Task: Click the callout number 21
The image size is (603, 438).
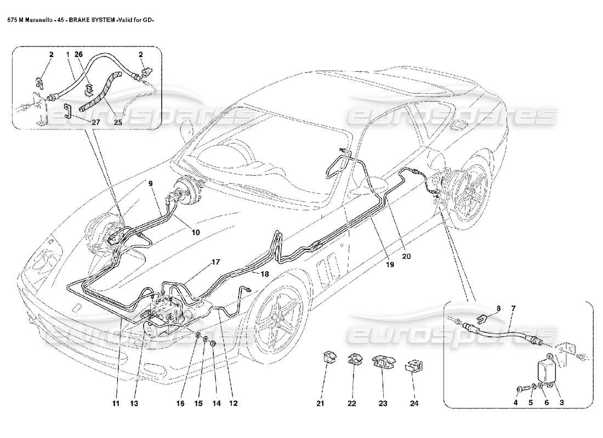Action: (x=320, y=405)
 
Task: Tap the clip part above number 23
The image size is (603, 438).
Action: (x=383, y=362)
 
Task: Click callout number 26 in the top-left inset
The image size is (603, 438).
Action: (x=78, y=55)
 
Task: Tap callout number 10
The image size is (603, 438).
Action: (x=196, y=232)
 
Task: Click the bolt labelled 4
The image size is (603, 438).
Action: (x=519, y=389)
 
